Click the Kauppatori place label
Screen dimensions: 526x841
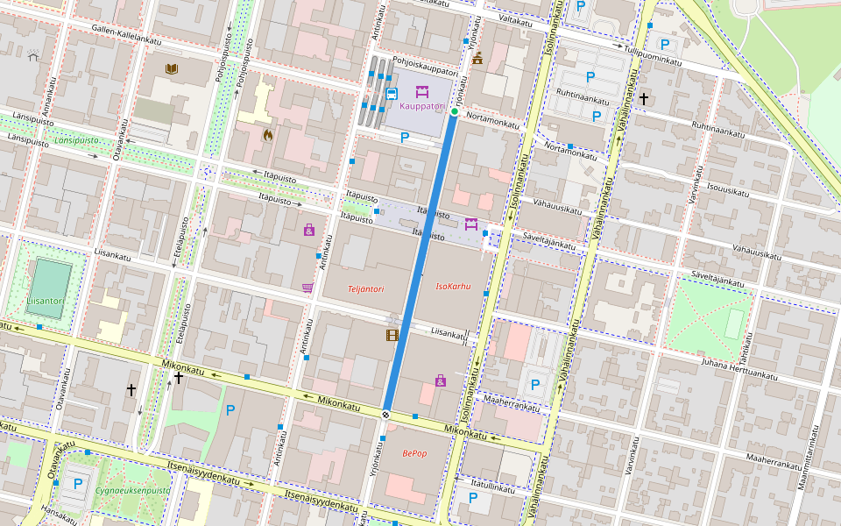(x=422, y=106)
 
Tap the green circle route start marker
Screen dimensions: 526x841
(x=455, y=111)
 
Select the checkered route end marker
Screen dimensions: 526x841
(x=385, y=414)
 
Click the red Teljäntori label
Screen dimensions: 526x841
(x=366, y=288)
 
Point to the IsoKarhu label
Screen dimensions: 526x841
(x=454, y=287)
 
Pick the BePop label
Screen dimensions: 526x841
(x=414, y=453)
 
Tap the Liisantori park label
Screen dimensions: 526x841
(x=45, y=301)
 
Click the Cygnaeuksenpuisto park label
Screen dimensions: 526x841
(x=133, y=491)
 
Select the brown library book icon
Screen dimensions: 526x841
(x=172, y=68)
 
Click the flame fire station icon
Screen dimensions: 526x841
(x=268, y=135)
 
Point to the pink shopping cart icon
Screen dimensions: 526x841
(x=307, y=287)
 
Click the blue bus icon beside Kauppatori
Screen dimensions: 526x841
(x=392, y=93)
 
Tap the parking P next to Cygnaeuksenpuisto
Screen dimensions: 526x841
(x=78, y=483)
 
